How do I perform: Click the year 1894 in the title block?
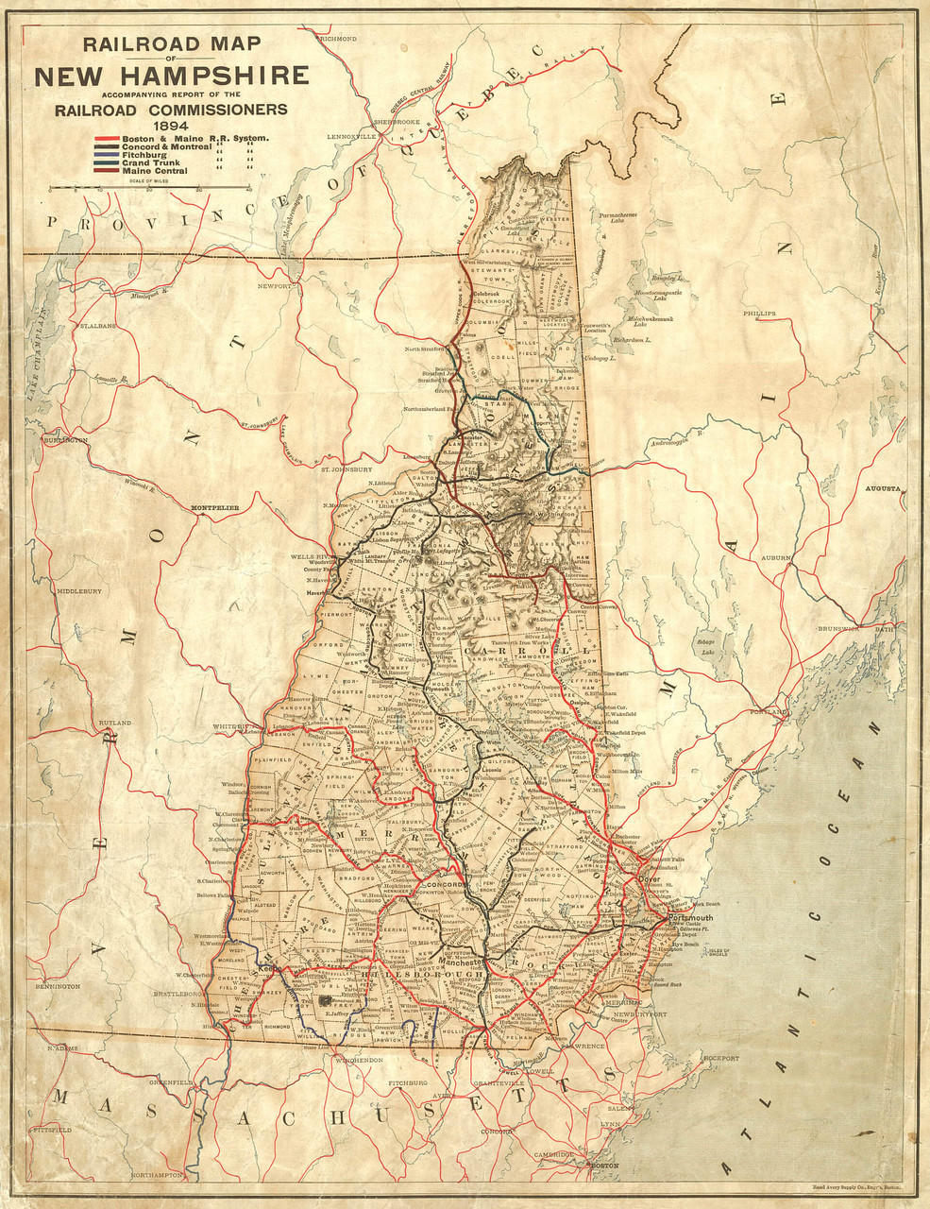coord(172,125)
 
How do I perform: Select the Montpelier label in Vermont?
coord(216,507)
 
